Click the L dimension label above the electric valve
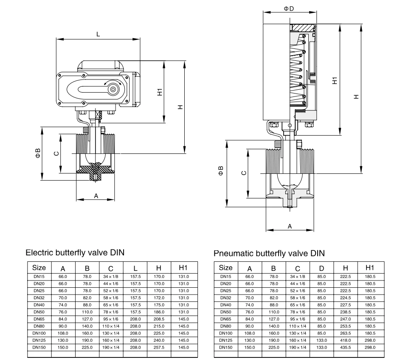click(99, 34)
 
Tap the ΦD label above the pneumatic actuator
click(289, 9)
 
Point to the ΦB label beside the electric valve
click(38, 153)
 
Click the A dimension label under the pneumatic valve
click(290, 227)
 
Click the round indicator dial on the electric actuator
click(113, 89)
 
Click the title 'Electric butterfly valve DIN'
click(75, 252)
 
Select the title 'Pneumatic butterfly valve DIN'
click(269, 254)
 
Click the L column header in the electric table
click(135, 268)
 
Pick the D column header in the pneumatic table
click(321, 268)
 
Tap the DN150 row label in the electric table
click(39, 347)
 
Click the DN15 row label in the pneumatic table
click(226, 276)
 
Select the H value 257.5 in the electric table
click(159, 347)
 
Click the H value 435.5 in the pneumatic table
click(346, 347)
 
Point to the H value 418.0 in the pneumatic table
click(346, 341)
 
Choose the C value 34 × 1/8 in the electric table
click(111, 276)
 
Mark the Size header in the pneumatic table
click(226, 268)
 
